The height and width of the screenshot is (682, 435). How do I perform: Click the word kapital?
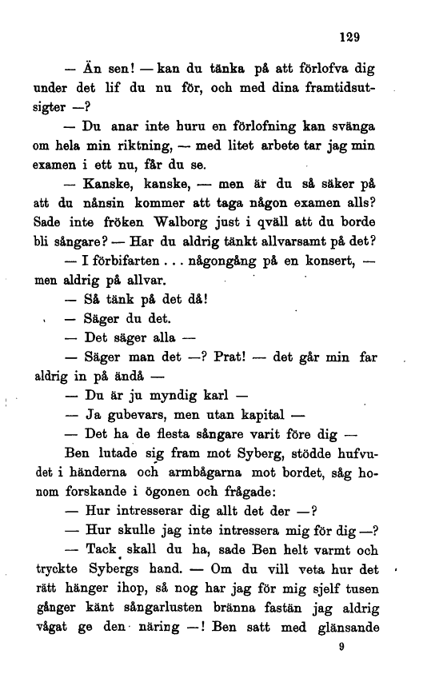pos(253,416)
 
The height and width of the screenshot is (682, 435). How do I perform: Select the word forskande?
pos(81,493)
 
